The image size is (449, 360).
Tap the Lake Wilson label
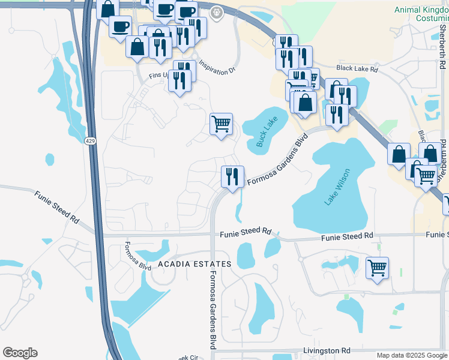click(x=337, y=190)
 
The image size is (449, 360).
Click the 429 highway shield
click(x=89, y=141)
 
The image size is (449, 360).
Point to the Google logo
click(x=20, y=353)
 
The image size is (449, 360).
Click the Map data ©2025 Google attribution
click(x=412, y=355)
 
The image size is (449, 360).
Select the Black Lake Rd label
click(x=357, y=68)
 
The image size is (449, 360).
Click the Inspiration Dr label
click(x=215, y=68)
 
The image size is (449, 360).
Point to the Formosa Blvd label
click(x=137, y=256)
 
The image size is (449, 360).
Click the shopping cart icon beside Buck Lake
click(x=221, y=124)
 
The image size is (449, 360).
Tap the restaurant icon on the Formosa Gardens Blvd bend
click(x=232, y=176)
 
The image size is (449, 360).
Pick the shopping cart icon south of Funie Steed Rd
click(x=377, y=268)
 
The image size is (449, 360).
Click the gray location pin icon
click(x=217, y=11)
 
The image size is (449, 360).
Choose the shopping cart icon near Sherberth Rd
click(x=426, y=176)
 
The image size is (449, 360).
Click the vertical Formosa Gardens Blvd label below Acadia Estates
click(x=212, y=310)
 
